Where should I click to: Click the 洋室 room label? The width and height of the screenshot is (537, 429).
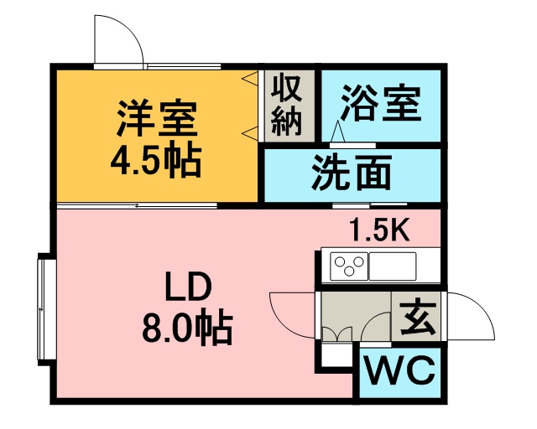click(x=157, y=118)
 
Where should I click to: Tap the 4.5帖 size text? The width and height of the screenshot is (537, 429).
click(x=156, y=160)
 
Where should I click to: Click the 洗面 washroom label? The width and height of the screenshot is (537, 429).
click(x=352, y=172)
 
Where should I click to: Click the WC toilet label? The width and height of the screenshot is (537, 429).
click(x=400, y=370)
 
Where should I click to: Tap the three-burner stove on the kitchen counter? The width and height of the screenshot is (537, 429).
click(x=349, y=266)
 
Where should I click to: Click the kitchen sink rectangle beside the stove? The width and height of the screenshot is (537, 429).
click(x=393, y=266)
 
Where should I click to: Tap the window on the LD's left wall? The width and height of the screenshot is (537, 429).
click(x=47, y=309)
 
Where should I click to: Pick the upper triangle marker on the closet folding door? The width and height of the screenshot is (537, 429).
click(x=249, y=79)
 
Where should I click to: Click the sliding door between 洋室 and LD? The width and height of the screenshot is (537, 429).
click(x=137, y=205)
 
